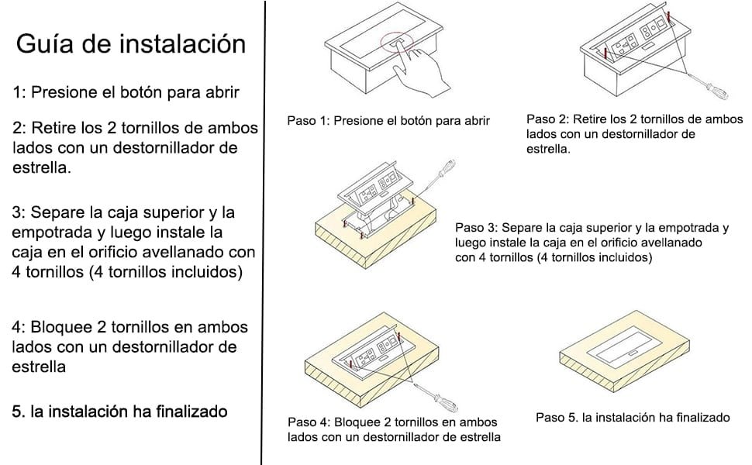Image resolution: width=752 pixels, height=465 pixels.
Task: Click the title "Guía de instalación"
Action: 131,43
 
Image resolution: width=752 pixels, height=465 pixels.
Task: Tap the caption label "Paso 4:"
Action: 309,422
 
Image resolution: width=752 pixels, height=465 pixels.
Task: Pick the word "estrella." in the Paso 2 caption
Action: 549,149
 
